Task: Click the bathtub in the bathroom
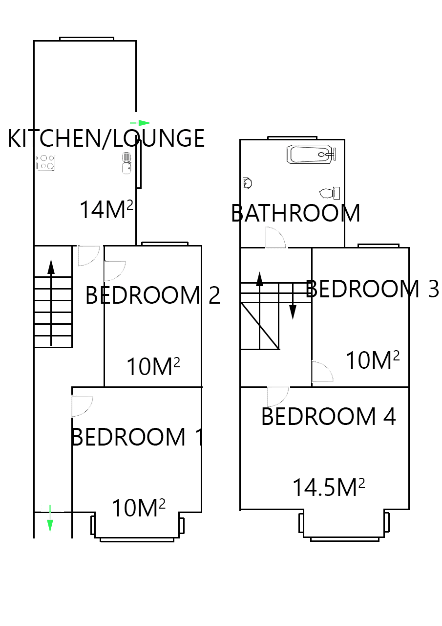coord(311,155)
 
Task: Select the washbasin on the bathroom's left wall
coord(247,183)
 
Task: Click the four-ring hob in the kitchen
coord(46,162)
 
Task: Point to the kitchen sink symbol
coord(126,163)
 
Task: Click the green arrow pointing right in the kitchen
coord(141,123)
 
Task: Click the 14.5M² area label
coord(329,487)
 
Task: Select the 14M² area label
coord(106,210)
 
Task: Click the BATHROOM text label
coord(295,213)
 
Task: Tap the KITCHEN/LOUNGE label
coord(106,138)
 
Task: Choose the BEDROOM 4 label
coord(328,416)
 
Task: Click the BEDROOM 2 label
coord(152,295)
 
